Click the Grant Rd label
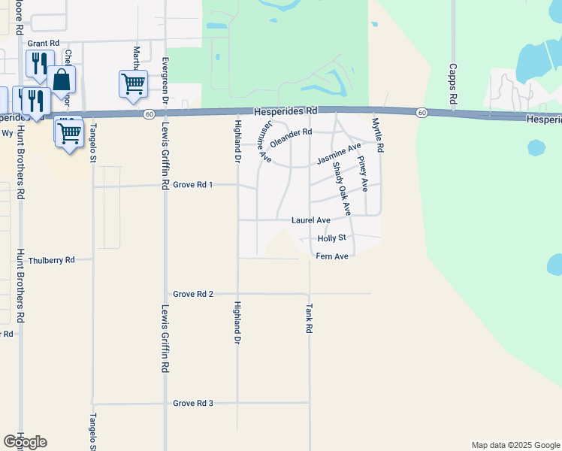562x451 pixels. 43,44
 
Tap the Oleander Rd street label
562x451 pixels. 291,134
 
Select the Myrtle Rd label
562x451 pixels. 379,135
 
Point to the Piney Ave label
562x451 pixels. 363,174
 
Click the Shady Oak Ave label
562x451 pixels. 341,189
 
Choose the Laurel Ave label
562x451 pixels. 311,220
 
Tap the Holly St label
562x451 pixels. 331,238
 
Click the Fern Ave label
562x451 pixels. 332,256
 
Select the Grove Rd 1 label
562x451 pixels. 193,184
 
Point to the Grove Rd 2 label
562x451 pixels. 193,294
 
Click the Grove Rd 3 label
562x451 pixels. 193,403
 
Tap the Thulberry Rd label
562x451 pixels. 52,260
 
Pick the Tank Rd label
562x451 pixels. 309,319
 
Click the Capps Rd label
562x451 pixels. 453,88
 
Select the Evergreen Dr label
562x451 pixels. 166,79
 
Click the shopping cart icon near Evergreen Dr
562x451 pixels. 133,84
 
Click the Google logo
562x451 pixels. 25,442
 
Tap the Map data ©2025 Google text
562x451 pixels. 515,445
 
